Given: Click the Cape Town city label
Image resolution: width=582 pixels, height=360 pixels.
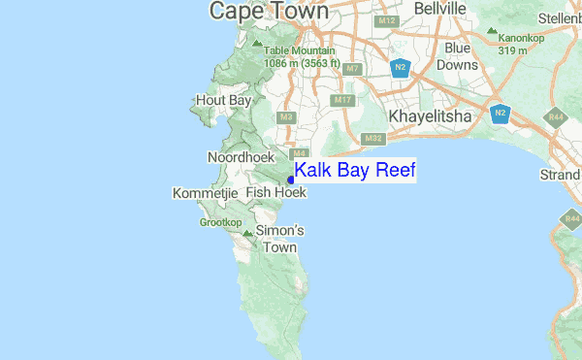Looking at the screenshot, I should coord(269,11).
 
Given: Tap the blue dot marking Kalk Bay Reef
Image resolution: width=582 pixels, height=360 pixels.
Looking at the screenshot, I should coord(291,180).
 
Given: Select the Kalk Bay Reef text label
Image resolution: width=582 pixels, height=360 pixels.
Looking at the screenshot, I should coord(355,171).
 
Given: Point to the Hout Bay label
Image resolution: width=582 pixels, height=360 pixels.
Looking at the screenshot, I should coord(223,100).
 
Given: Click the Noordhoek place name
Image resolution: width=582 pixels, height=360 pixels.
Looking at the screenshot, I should coord(241,156).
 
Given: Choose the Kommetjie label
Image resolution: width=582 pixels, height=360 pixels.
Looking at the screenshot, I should coord(205,194).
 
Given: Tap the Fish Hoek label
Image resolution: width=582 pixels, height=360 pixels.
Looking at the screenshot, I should coord(275,193).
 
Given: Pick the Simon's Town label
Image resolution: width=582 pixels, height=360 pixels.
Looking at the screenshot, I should coord(279,239).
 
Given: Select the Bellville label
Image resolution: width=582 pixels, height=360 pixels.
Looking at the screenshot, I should coord(439,9).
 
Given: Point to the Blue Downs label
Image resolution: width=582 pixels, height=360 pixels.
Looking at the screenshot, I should coord(457,55).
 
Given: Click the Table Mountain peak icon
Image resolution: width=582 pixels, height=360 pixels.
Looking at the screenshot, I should coord(256,43).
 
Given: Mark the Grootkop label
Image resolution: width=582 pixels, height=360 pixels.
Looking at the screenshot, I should coord(220,222).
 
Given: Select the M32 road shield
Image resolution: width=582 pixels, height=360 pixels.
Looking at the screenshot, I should coord(373,139).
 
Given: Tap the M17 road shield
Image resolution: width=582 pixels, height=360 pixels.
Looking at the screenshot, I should coord(341,100).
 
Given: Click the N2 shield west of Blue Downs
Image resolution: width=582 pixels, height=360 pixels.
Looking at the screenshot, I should coord(401,67).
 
